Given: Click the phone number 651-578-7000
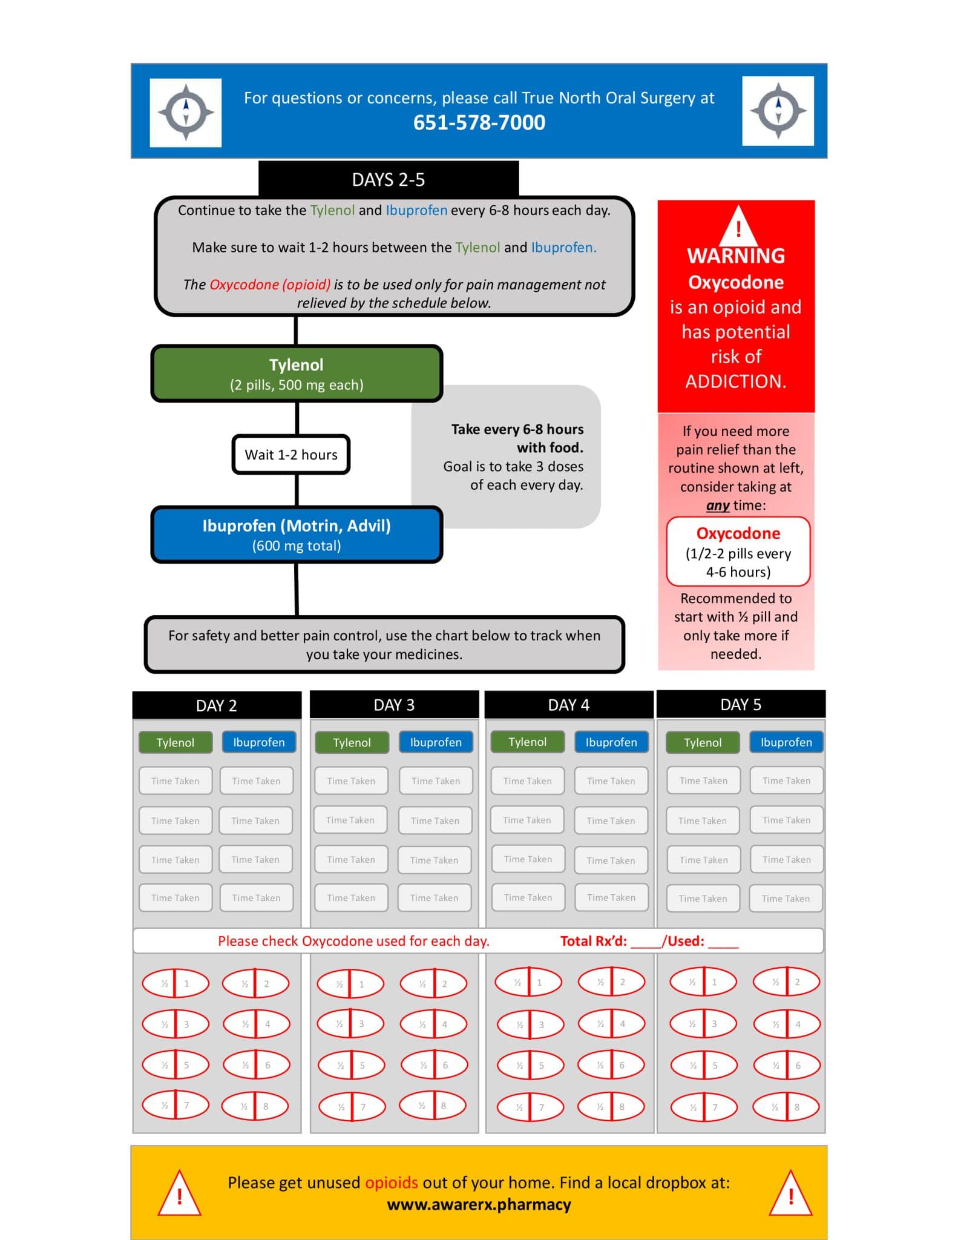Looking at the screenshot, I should pyautogui.click(x=479, y=123).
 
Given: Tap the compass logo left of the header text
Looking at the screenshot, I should pyautogui.click(x=186, y=113).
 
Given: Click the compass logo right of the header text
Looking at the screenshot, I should pyautogui.click(x=778, y=111).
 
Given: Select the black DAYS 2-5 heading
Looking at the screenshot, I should pyautogui.click(x=389, y=179).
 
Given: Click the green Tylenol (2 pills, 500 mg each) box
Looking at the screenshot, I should pyautogui.click(x=297, y=374).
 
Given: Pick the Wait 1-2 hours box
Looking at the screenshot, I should pyautogui.click(x=291, y=455).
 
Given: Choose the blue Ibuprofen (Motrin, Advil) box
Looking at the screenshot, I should pyautogui.click(x=297, y=535).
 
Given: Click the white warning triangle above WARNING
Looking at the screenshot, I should pyautogui.click(x=738, y=226).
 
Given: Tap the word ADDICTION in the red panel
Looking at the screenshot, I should pyautogui.click(x=736, y=381).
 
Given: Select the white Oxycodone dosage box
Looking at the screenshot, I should pyautogui.click(x=738, y=552).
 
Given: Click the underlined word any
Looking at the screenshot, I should pyautogui.click(x=718, y=506).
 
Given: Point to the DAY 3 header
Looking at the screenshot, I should pyautogui.click(x=394, y=705).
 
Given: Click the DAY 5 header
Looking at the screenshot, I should pyautogui.click(x=741, y=704).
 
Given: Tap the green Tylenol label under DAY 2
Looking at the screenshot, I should pyautogui.click(x=176, y=742).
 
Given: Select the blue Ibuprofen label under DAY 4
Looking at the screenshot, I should pyautogui.click(x=611, y=742).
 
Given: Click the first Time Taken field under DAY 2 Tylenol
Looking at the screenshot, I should pyautogui.click(x=176, y=781).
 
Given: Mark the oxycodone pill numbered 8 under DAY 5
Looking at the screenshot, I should pyautogui.click(x=786, y=1107).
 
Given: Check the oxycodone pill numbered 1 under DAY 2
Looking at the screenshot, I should pyautogui.click(x=176, y=984).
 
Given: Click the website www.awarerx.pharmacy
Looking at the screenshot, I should pyautogui.click(x=479, y=1204).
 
